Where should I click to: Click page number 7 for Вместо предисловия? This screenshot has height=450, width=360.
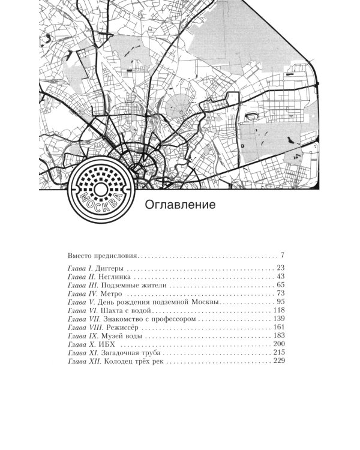[281, 254]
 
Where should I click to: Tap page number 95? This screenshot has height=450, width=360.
[280, 302]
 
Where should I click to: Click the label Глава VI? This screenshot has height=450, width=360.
[81, 311]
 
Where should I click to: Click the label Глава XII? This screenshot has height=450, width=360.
[83, 362]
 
